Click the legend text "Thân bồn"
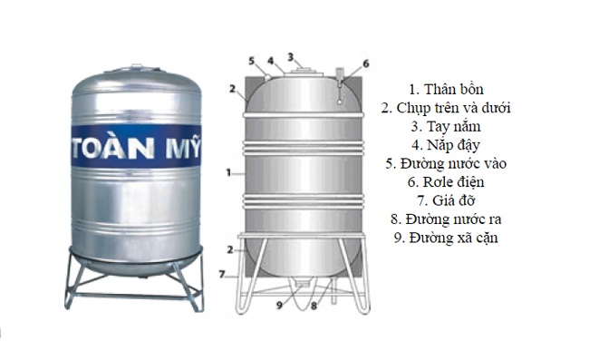click(446, 89)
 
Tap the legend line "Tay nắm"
click(446, 126)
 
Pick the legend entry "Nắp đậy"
click(446, 145)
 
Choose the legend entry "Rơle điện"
click(446, 181)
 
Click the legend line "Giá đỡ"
click(446, 200)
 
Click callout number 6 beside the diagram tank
click(366, 63)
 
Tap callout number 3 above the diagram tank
click(291, 56)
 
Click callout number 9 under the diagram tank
click(280, 305)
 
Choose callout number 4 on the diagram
click(269, 61)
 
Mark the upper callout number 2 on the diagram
click(232, 90)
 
